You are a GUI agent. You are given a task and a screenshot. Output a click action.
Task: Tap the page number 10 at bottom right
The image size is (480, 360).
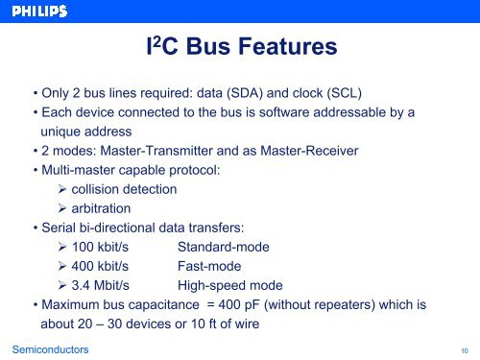[x=465, y=351]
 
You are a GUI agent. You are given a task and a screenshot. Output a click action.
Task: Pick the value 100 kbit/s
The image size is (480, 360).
[x=102, y=247]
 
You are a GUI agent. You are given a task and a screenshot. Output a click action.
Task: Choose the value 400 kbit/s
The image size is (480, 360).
[x=102, y=266]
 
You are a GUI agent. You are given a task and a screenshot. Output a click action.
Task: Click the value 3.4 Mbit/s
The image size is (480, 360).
[x=102, y=285]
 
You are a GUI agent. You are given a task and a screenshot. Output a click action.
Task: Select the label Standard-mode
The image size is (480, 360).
[x=223, y=247]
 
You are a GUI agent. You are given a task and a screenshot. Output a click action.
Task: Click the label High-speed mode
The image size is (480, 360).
[x=229, y=285]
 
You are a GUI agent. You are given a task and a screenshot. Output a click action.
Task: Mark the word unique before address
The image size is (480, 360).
[x=61, y=132]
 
